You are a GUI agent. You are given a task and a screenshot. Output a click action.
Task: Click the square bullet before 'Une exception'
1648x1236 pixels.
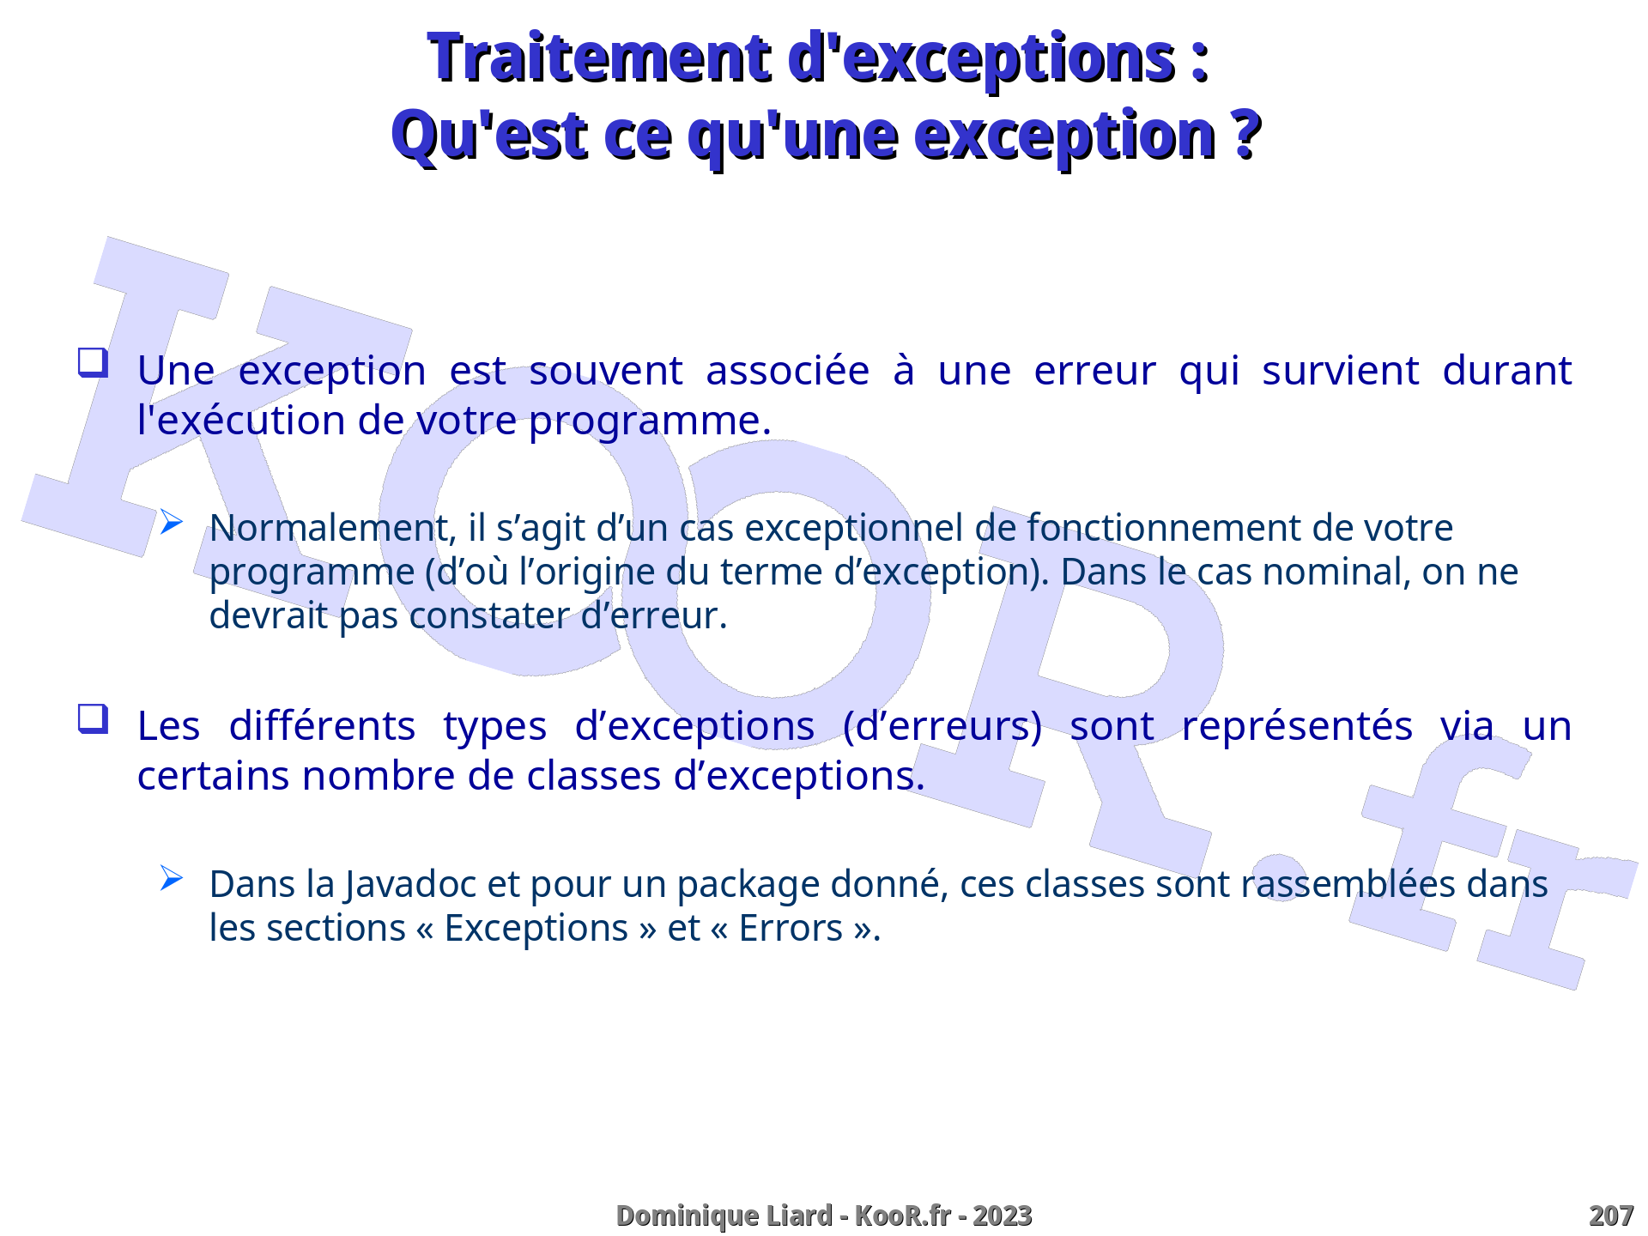click(x=93, y=362)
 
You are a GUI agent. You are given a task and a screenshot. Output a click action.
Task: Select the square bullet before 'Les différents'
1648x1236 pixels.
click(x=93, y=718)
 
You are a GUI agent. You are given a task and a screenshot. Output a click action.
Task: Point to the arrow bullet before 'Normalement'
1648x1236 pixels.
click(x=171, y=521)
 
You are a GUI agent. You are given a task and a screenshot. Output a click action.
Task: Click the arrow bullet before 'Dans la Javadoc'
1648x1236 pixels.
click(x=171, y=877)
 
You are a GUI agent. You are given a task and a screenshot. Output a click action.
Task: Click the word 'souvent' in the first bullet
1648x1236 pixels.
click(x=605, y=372)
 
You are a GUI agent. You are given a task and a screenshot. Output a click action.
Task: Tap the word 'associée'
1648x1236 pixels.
click(x=787, y=372)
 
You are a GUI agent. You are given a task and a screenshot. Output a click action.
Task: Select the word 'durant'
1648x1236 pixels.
click(x=1506, y=370)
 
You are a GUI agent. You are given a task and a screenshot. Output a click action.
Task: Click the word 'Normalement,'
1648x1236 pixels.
click(x=333, y=528)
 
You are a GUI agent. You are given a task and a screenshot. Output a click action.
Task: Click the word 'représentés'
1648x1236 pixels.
click(x=1296, y=728)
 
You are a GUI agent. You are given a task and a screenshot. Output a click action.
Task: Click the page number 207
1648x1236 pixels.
click(x=1611, y=1216)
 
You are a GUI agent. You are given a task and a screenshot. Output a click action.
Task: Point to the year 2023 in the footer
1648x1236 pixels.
click(x=1003, y=1216)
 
